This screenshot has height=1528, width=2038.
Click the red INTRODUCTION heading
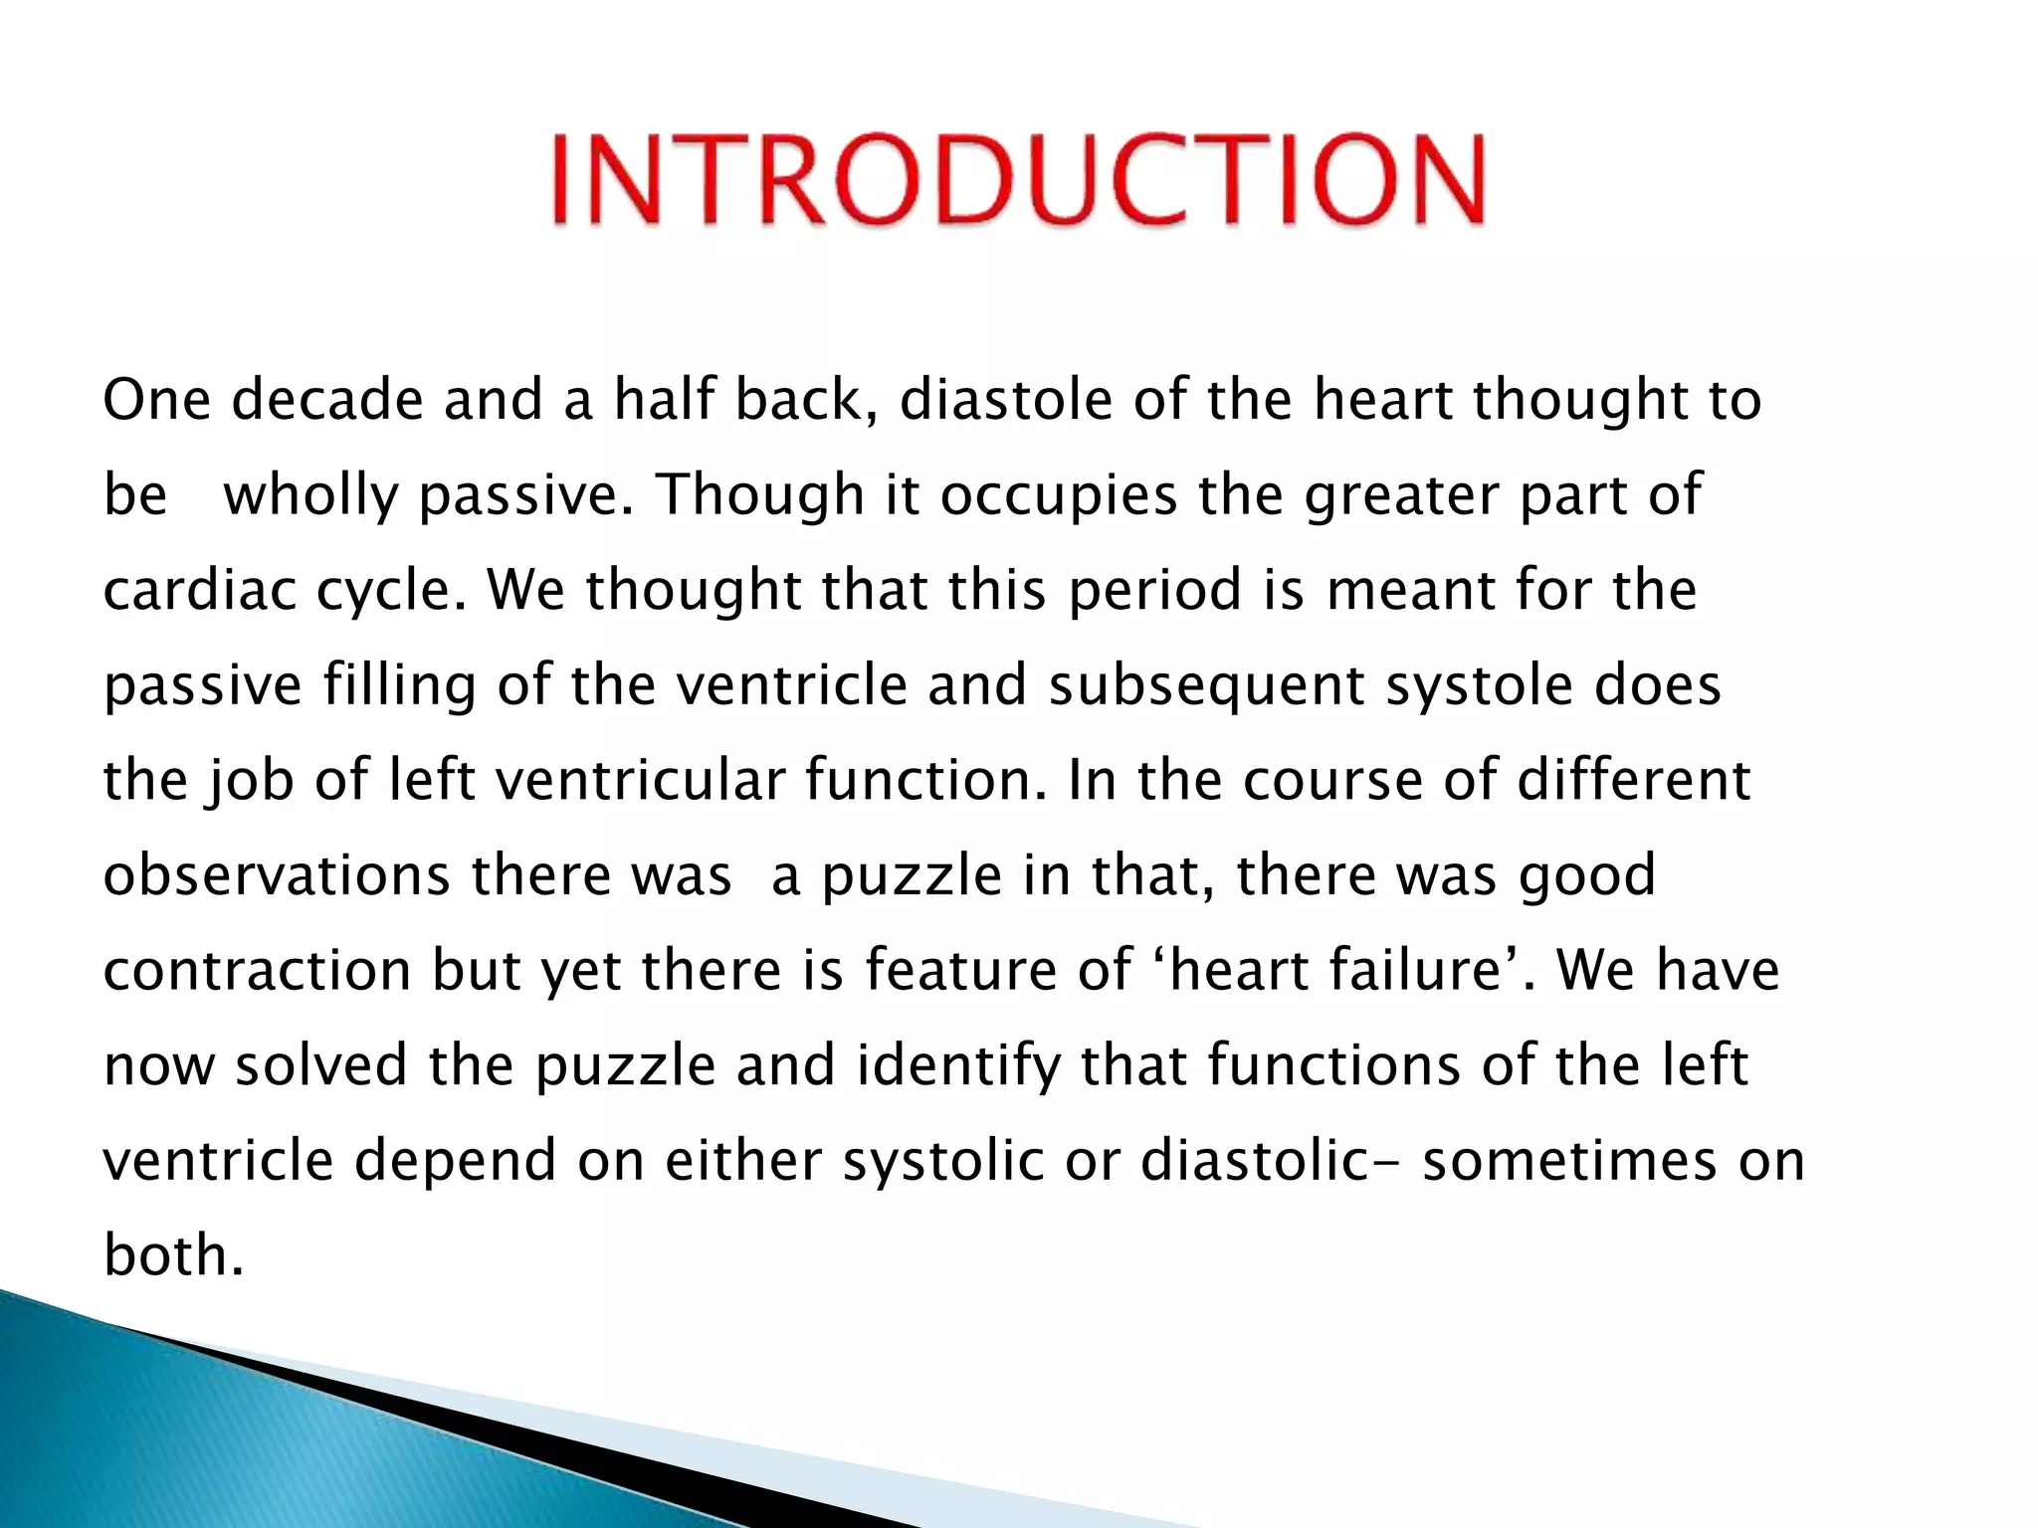[1018, 180]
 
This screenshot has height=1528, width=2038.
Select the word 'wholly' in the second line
[310, 495]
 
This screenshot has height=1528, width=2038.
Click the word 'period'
[1154, 590]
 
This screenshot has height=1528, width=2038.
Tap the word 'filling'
[399, 685]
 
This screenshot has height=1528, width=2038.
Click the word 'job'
[250, 781]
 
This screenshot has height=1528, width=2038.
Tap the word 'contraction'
[257, 970]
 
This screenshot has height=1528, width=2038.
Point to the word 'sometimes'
[1569, 1161]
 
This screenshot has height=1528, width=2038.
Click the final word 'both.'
[173, 1255]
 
